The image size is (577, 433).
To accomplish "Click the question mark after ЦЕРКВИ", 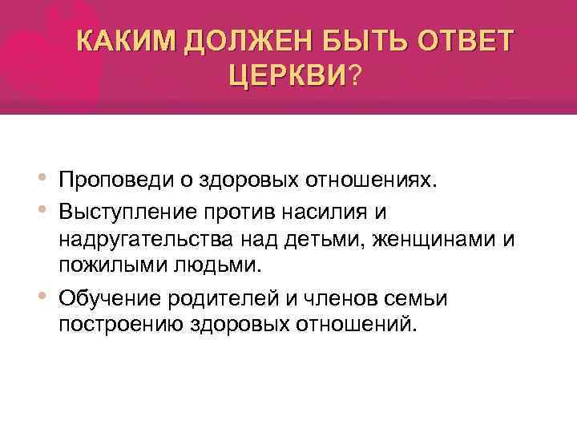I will [x=354, y=76].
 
